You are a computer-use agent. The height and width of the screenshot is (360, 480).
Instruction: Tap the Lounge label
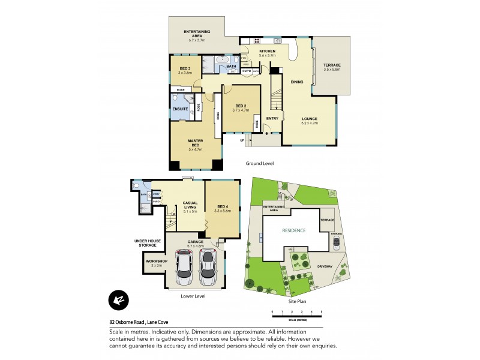tap(310, 119)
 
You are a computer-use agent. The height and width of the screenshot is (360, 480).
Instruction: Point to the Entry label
tap(272, 118)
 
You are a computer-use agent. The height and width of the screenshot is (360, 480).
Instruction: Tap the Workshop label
tap(154, 262)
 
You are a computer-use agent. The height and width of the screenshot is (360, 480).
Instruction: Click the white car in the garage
tap(184, 268)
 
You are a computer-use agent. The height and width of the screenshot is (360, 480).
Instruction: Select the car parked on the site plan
tap(335, 244)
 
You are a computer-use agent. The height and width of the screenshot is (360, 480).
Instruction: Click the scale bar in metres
tap(297, 313)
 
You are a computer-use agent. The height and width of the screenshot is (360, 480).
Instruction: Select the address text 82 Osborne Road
tap(128, 322)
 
